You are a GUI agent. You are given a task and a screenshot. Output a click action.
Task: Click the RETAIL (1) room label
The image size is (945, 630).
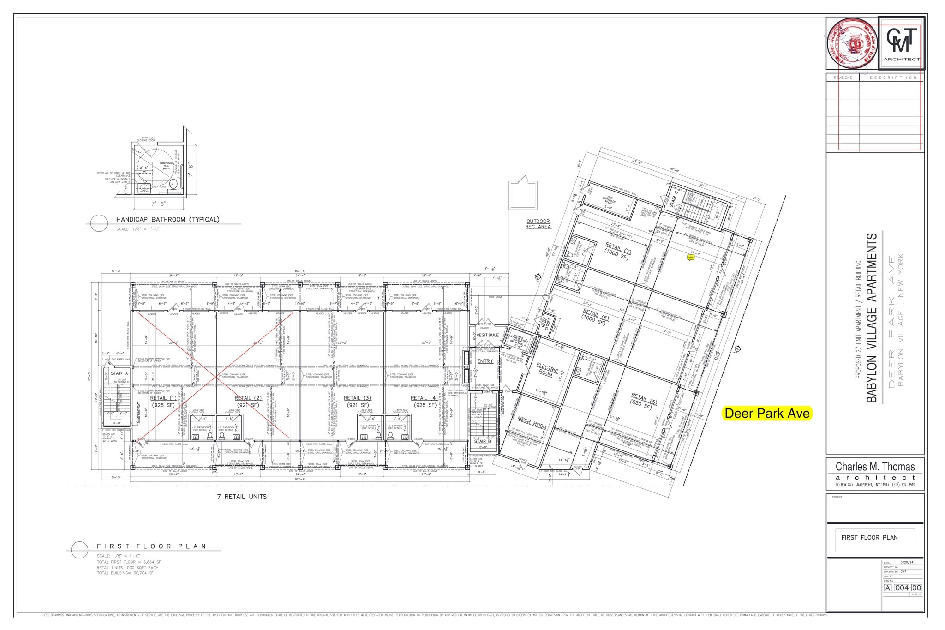tap(163, 398)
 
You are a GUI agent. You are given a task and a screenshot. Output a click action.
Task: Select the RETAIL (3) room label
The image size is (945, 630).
tap(357, 398)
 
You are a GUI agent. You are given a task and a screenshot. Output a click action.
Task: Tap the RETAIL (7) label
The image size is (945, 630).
tap(618, 250)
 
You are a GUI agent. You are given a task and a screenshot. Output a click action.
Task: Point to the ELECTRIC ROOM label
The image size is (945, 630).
tap(547, 370)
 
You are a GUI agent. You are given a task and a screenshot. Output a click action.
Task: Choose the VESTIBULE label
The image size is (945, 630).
tap(487, 335)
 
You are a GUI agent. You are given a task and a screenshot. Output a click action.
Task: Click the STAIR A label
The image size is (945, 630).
tap(119, 373)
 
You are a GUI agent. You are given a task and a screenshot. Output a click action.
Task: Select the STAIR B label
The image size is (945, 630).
tap(483, 441)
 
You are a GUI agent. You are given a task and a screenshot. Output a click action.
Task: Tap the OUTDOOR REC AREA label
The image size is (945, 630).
tap(538, 224)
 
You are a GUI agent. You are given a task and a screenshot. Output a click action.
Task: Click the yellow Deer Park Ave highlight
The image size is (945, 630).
tap(767, 413)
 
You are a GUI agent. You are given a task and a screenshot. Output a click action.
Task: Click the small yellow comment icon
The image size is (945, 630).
tap(691, 258)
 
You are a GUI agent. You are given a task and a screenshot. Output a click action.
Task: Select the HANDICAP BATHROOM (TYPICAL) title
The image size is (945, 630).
tap(167, 219)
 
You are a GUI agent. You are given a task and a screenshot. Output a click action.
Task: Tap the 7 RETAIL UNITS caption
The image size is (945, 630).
tap(242, 497)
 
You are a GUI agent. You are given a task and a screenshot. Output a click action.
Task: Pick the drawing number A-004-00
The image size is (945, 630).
tap(903, 588)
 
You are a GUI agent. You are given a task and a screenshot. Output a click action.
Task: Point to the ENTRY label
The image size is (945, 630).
tap(485, 361)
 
